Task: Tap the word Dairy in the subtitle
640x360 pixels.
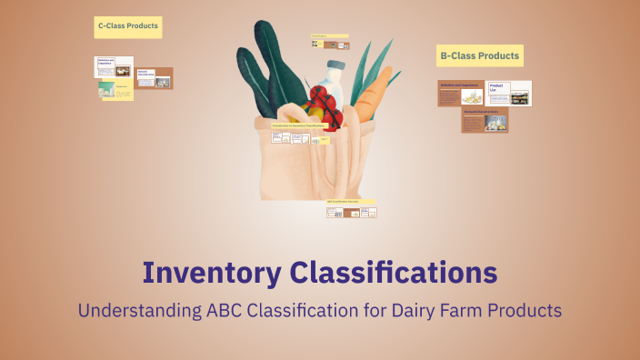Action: tap(385, 310)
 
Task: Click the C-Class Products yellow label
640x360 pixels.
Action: tap(127, 26)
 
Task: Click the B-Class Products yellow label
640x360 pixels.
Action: tap(479, 56)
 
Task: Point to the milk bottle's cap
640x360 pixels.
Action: tap(335, 65)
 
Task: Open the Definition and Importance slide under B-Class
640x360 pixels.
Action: tap(461, 93)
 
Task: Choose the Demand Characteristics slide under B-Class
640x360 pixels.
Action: tap(485, 120)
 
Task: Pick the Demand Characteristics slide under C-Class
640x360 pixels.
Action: tap(154, 78)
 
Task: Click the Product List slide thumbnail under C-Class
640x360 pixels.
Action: tap(115, 90)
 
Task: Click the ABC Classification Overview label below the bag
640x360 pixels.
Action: tap(352, 201)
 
